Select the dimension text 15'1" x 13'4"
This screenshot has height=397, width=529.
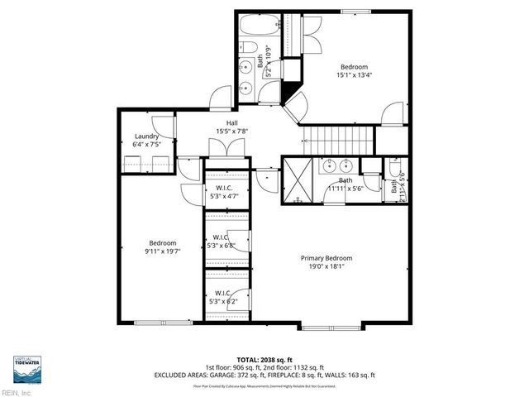click(x=353, y=76)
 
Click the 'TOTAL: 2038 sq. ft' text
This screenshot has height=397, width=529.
click(x=264, y=361)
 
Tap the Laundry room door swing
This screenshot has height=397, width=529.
click(x=165, y=126)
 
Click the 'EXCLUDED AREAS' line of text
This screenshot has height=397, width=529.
click(x=264, y=375)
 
